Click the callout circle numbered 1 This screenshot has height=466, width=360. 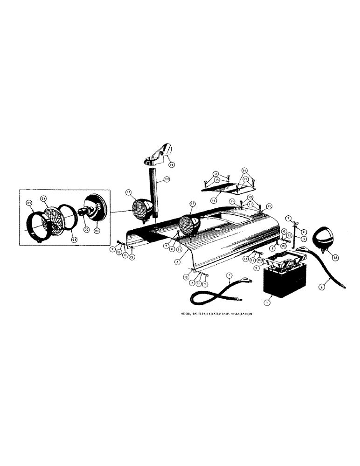click(x=266, y=302)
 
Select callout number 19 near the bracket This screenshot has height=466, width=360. click(x=171, y=164)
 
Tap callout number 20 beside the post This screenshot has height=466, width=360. click(x=167, y=179)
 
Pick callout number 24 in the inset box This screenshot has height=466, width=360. click(x=43, y=198)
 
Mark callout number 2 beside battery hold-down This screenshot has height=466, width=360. click(x=257, y=268)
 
